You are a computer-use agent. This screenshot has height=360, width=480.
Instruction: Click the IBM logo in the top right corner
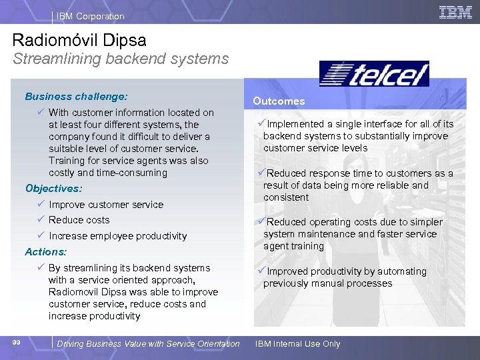[x=455, y=12]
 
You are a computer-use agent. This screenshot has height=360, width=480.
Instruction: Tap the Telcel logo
[x=374, y=74]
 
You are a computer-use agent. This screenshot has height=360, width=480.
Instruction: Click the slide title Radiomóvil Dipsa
[x=79, y=40]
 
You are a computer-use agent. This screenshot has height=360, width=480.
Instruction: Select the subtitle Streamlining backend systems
[x=121, y=59]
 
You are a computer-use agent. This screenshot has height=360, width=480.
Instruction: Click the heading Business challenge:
[x=76, y=96]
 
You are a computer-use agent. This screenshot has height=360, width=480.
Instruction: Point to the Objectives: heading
[x=53, y=189]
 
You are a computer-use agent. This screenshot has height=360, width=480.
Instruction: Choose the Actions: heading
[x=46, y=252]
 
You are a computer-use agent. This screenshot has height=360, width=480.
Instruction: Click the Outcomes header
[x=279, y=101]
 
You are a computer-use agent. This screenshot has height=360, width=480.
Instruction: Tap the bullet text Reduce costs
[x=79, y=220]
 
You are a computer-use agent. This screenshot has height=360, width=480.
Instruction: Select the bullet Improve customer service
[x=106, y=205]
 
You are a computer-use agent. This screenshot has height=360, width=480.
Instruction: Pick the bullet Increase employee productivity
[x=117, y=236]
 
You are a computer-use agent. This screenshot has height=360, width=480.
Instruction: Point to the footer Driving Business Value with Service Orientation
[x=148, y=344]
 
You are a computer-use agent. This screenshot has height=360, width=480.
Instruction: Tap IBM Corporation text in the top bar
[x=90, y=16]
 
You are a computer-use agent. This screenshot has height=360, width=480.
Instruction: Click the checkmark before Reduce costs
[x=41, y=220]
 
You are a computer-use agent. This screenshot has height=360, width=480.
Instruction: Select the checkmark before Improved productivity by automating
[x=262, y=271]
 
